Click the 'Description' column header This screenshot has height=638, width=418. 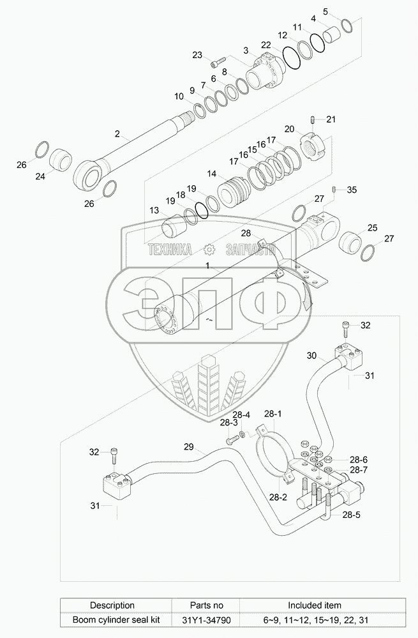[112, 605]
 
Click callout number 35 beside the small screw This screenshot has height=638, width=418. [352, 190]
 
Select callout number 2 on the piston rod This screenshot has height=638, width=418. [117, 134]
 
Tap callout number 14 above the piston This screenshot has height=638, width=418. [211, 173]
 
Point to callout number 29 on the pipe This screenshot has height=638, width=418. [188, 446]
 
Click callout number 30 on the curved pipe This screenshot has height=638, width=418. [311, 355]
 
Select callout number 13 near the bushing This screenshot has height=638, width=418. [154, 211]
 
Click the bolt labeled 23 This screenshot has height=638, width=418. [219, 62]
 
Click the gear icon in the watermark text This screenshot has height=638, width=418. [208, 250]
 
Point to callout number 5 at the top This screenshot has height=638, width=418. [325, 11]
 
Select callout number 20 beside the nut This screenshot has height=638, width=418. [289, 129]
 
